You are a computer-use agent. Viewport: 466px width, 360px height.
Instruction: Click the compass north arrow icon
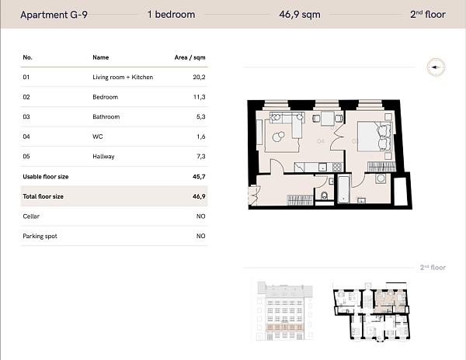click(435, 67)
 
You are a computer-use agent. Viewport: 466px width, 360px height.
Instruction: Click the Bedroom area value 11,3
click(199, 97)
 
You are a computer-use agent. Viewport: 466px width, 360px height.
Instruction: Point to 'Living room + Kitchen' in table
click(123, 78)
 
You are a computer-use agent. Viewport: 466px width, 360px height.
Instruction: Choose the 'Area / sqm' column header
click(190, 57)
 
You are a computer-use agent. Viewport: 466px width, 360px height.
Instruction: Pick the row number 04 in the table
click(26, 137)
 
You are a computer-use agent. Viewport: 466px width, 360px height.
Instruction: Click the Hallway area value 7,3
click(200, 157)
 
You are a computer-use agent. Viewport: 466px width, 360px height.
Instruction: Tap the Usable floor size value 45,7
click(198, 177)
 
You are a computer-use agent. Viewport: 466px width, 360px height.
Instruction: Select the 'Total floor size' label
click(43, 196)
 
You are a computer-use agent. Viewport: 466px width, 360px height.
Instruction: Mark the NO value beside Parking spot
click(200, 236)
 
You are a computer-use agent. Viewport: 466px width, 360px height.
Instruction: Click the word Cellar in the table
click(31, 216)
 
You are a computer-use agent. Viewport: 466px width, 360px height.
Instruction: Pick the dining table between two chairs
click(327, 118)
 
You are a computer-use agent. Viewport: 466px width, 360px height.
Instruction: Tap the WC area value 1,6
click(200, 137)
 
